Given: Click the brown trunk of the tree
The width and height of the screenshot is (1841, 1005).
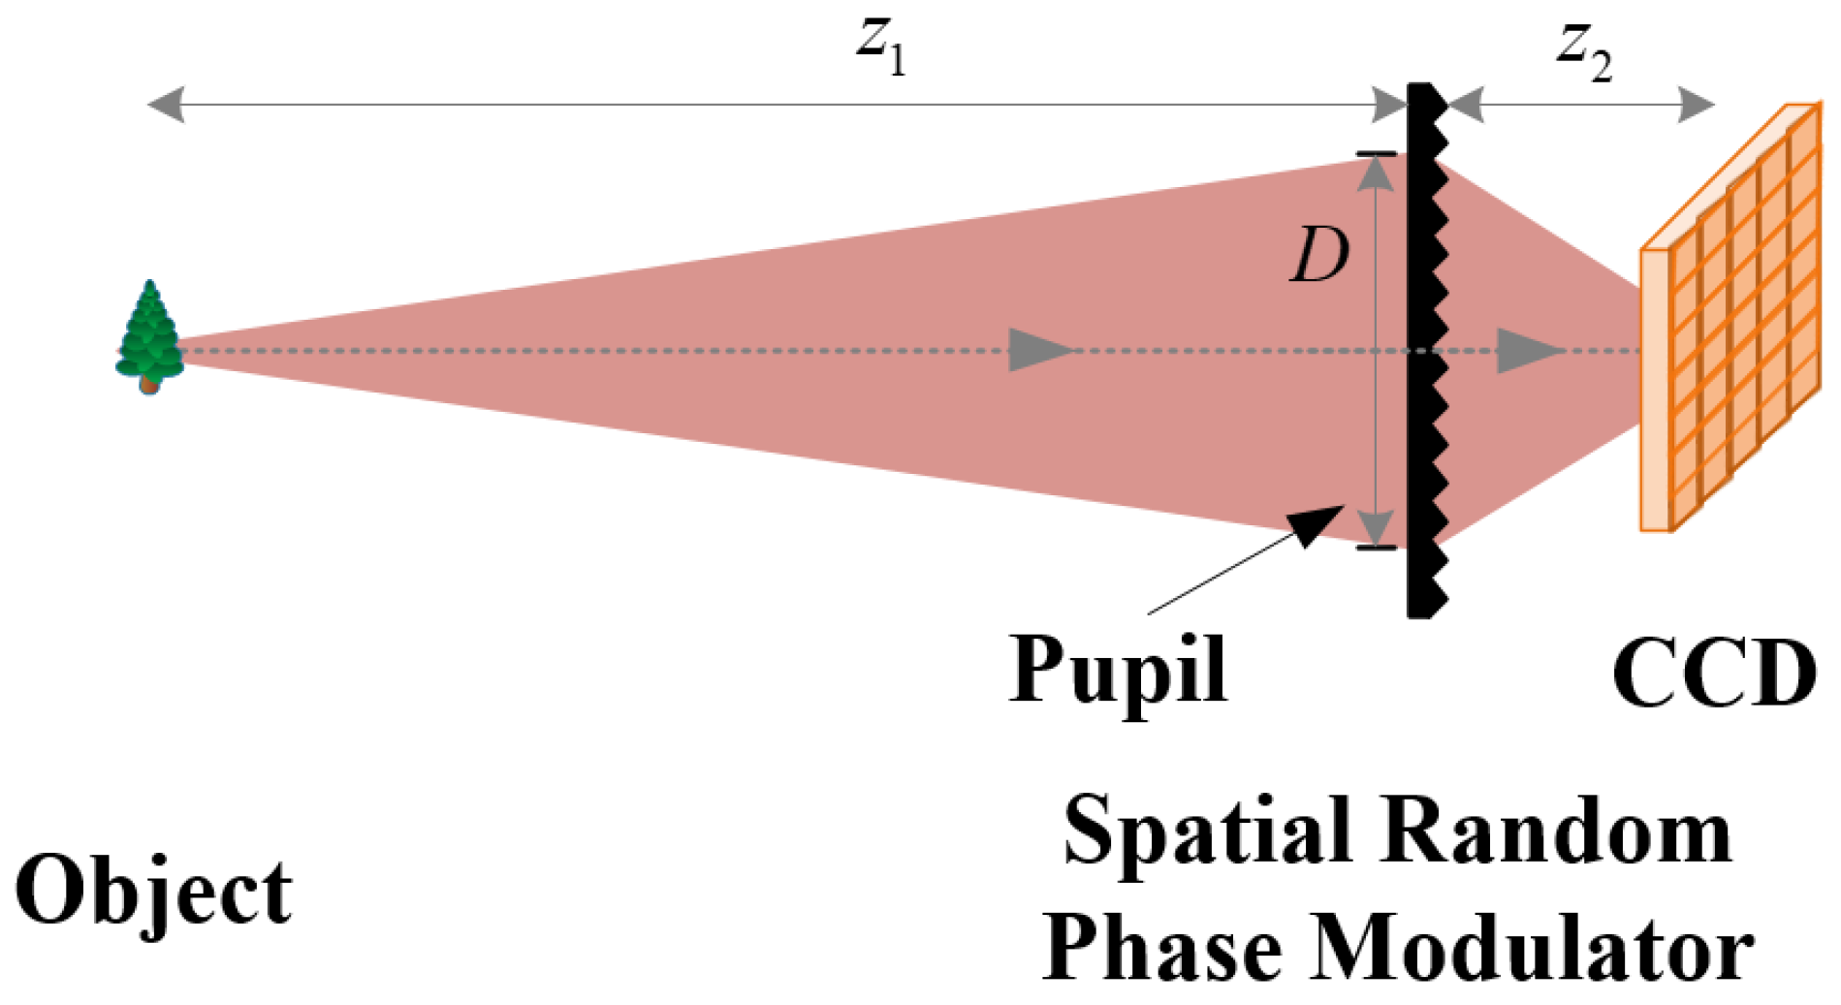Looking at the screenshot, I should pos(148,386).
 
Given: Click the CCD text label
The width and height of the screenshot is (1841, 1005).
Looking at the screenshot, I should pos(1714,675).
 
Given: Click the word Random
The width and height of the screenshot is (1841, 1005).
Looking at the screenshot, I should pos(1556,832).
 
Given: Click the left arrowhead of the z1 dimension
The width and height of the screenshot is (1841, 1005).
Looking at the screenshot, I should pos(166,105).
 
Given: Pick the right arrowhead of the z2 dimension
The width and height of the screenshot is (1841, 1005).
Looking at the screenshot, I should pos(1696,105).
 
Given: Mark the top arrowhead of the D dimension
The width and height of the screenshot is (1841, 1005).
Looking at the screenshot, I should pos(1376,172).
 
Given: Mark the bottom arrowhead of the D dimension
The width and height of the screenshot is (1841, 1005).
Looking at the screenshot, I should pos(1376,529).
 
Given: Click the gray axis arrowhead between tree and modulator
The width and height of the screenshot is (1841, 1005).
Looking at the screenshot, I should pos(1037,350).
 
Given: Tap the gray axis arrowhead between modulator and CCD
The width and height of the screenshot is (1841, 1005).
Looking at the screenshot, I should pos(1526,350).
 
